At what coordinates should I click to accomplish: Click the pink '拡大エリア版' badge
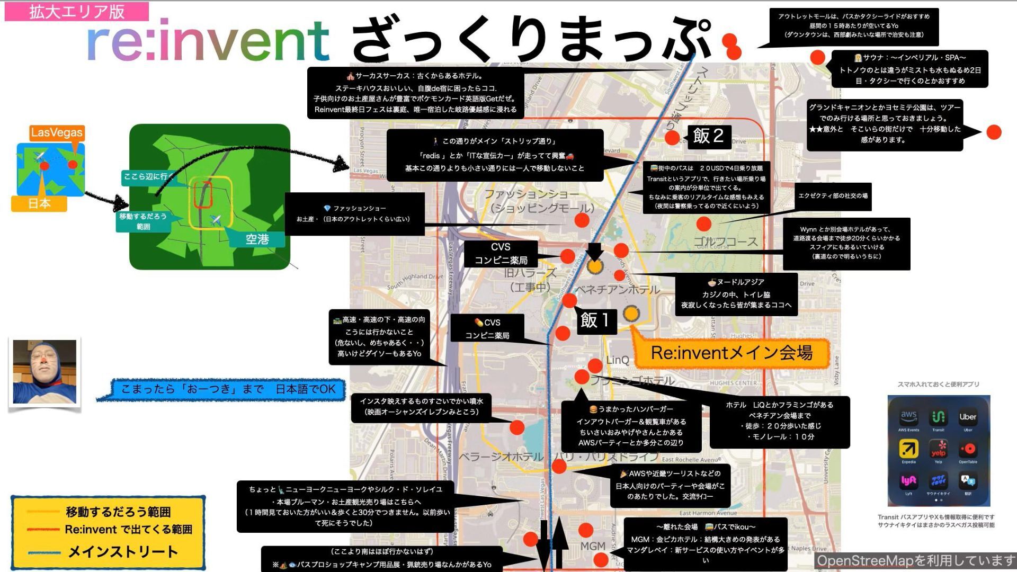point(77,11)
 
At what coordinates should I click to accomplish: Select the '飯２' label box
point(708,136)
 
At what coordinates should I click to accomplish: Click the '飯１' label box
point(595,320)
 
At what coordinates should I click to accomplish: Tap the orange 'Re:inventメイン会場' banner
point(731,353)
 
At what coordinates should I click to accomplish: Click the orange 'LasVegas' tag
point(57,132)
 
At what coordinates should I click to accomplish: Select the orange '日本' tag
point(39,203)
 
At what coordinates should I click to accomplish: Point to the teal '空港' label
point(257,239)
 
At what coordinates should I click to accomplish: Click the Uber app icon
point(968,417)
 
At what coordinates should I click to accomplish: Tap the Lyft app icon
point(908,480)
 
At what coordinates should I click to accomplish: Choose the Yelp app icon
point(938,449)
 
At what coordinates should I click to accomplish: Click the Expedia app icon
point(908,449)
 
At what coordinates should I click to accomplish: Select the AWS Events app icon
point(908,417)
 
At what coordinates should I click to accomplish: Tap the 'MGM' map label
point(592,546)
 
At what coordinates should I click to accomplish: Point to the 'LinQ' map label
point(618,360)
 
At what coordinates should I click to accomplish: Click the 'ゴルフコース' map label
point(726,242)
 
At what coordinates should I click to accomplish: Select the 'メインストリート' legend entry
point(123,552)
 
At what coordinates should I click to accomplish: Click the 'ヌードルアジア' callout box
point(736,294)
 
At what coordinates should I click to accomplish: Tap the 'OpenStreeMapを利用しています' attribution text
point(915,561)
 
